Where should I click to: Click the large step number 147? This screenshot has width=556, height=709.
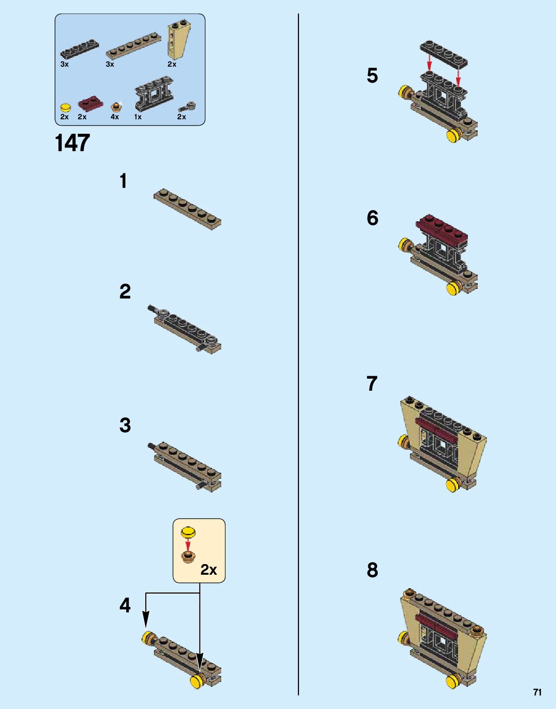[72, 143]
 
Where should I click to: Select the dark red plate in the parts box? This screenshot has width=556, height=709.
[90, 103]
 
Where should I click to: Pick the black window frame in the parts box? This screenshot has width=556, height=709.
[154, 95]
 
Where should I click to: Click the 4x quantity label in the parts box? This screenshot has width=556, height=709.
[114, 117]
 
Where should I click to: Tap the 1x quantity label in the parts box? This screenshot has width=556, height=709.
[138, 117]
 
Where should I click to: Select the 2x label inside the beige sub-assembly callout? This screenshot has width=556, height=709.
[209, 570]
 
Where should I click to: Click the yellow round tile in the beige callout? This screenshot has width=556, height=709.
[188, 532]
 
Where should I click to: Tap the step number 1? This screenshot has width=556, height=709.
[123, 181]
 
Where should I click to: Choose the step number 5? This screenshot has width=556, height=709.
[372, 76]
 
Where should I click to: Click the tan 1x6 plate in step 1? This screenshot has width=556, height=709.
[187, 209]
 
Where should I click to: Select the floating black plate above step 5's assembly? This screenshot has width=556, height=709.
[443, 55]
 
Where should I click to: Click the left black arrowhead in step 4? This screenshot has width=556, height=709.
[146, 619]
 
